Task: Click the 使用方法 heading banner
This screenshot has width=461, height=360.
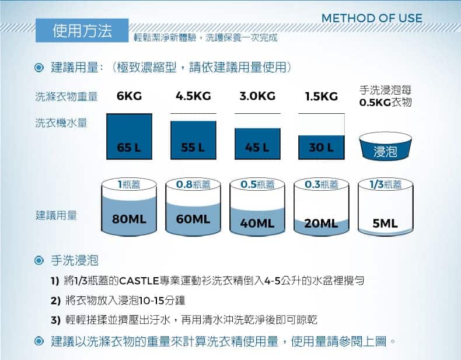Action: click(x=82, y=30)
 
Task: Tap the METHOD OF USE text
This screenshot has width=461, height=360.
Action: click(x=372, y=18)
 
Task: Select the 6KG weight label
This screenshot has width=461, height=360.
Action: click(x=129, y=96)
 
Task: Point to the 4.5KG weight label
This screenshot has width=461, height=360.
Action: click(x=193, y=96)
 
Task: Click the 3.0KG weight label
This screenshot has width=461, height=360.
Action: click(x=257, y=96)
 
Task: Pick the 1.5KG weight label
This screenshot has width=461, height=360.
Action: click(x=322, y=96)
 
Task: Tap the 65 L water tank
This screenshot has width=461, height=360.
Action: click(x=129, y=137)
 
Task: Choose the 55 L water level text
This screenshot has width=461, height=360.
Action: click(x=193, y=147)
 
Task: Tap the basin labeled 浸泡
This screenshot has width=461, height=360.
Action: click(x=385, y=146)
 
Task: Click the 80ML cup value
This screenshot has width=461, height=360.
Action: click(x=129, y=219)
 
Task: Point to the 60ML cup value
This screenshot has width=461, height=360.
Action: click(x=193, y=219)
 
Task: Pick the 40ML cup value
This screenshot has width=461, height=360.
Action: click(x=257, y=223)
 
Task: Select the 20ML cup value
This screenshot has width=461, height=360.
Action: click(x=321, y=223)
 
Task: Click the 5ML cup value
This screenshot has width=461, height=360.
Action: click(x=385, y=223)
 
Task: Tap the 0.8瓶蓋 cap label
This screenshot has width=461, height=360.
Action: click(x=193, y=184)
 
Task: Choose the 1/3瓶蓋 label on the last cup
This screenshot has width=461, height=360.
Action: click(x=386, y=184)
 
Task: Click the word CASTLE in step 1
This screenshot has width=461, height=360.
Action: click(x=139, y=281)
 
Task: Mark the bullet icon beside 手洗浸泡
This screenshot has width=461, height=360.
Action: click(x=39, y=260)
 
